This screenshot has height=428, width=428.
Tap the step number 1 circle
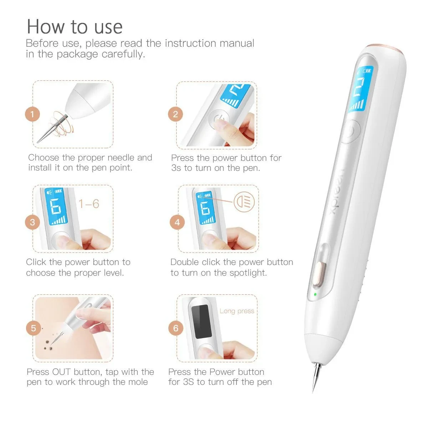click(x=32, y=114)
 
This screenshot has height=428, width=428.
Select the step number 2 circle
click(x=175, y=114)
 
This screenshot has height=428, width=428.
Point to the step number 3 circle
click(x=32, y=222)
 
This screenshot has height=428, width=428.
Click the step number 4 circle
click(x=177, y=222)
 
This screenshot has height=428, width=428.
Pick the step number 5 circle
click(x=34, y=328)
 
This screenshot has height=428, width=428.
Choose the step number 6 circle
click(x=176, y=328)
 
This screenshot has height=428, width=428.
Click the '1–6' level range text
click(x=89, y=204)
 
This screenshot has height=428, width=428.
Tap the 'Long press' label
click(x=237, y=311)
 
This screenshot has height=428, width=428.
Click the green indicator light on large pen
click(x=315, y=295)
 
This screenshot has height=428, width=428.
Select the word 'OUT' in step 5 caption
click(x=61, y=372)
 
